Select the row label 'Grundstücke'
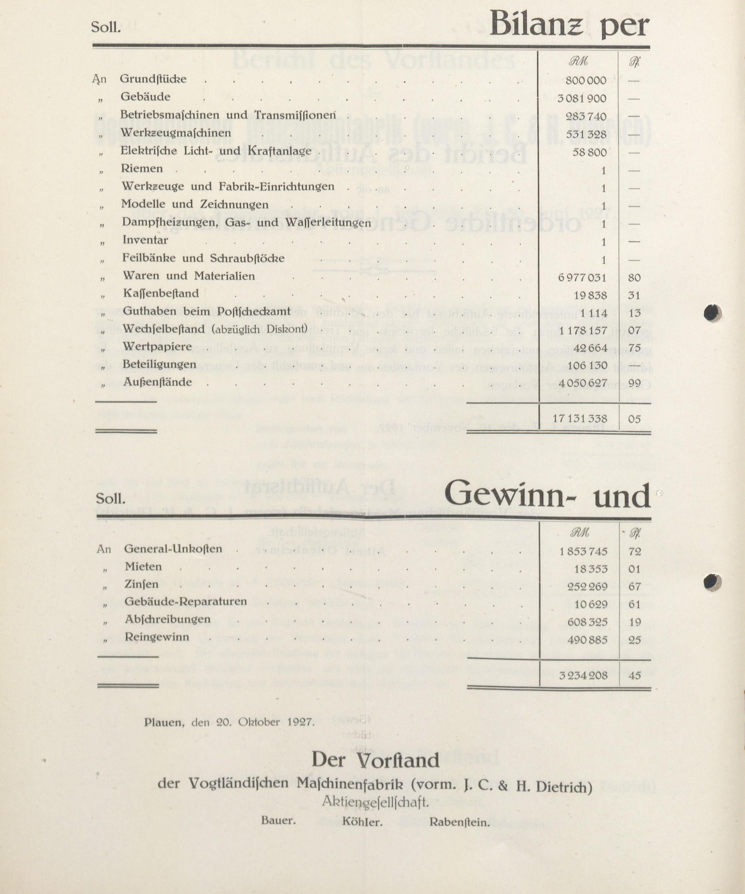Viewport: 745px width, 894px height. coord(153,79)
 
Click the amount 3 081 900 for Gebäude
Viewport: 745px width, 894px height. coord(582,98)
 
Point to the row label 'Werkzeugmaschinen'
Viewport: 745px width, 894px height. coord(176,133)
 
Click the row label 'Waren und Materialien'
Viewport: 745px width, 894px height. coord(189,276)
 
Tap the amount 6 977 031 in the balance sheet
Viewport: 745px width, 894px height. coord(582,278)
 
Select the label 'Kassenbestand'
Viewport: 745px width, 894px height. coord(161,293)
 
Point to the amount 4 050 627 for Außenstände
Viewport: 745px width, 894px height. coord(583,383)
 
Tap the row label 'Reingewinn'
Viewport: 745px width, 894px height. coord(157,637)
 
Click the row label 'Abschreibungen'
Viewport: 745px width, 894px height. coord(167,619)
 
